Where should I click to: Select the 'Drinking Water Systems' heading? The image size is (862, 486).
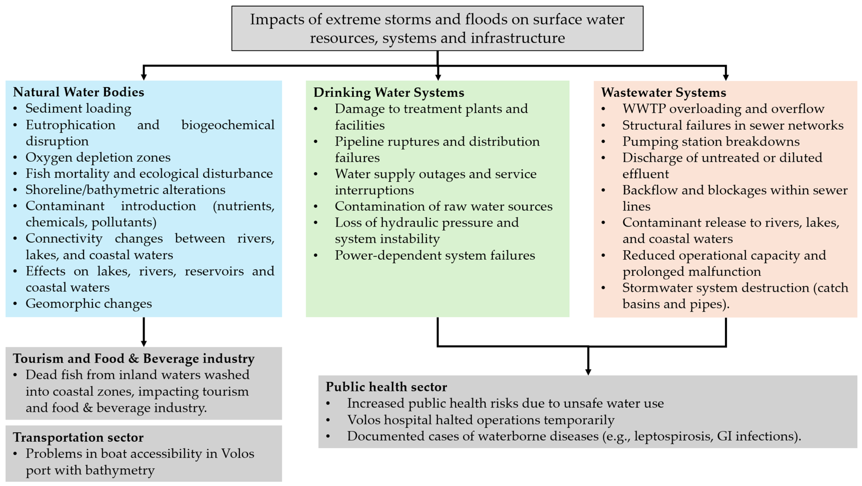click(x=389, y=92)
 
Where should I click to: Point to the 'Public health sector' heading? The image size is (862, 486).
click(x=386, y=387)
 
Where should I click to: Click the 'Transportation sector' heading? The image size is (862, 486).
click(x=78, y=437)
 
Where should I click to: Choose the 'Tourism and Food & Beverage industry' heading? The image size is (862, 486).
click(x=134, y=359)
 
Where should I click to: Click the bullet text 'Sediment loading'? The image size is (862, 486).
click(x=78, y=108)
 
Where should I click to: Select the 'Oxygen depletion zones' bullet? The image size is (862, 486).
click(x=98, y=157)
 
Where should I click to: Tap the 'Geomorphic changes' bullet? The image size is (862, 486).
click(x=89, y=304)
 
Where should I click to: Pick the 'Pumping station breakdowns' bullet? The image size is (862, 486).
click(x=711, y=141)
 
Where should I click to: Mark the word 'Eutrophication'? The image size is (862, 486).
click(x=70, y=125)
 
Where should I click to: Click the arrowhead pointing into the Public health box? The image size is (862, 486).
click(x=588, y=372)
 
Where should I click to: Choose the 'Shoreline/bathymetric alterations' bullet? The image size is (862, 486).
click(x=125, y=190)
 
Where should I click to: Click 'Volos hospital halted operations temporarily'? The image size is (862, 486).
click(x=481, y=420)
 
